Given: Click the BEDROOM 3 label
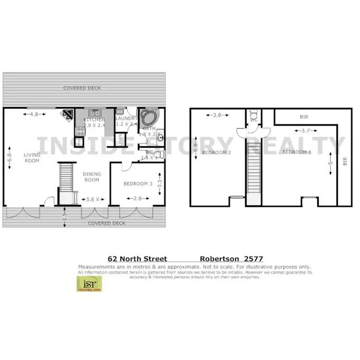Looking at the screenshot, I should tap(138, 183).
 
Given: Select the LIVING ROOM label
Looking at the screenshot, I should tap(32, 158).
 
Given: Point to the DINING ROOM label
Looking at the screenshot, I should tap(92, 177).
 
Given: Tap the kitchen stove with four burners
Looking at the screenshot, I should tap(79, 130).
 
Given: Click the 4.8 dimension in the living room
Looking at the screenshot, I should tap(34, 114).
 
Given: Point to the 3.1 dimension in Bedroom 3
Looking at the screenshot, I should tap(160, 183).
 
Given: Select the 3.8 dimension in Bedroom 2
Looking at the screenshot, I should tap(217, 115).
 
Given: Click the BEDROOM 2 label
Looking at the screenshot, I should tap(216, 152).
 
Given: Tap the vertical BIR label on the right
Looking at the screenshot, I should tap(344, 162).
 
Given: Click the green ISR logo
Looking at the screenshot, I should tap(89, 284).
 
